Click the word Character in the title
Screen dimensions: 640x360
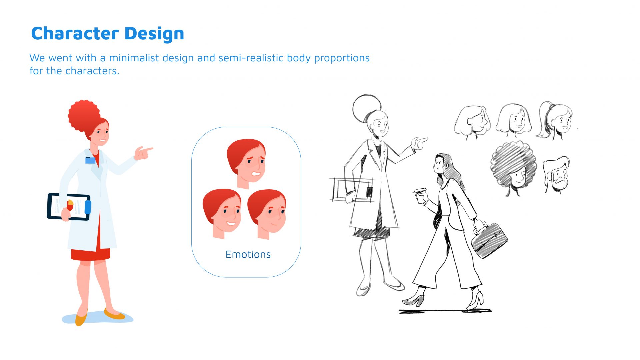pyautogui.click(x=75, y=33)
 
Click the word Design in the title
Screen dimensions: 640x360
pyautogui.click(x=154, y=34)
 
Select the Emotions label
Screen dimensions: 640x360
pyautogui.click(x=248, y=254)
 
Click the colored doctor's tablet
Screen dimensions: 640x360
pyautogui.click(x=69, y=207)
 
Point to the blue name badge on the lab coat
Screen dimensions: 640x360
pyautogui.click(x=90, y=160)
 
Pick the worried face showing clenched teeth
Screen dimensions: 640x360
pyautogui.click(x=247, y=163)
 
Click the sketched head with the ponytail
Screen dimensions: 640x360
pyautogui.click(x=555, y=120)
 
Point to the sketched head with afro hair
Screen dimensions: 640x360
pyautogui.click(x=513, y=168)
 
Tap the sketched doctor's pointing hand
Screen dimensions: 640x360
pyautogui.click(x=419, y=143)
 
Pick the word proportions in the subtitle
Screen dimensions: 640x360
pyautogui.click(x=342, y=58)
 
